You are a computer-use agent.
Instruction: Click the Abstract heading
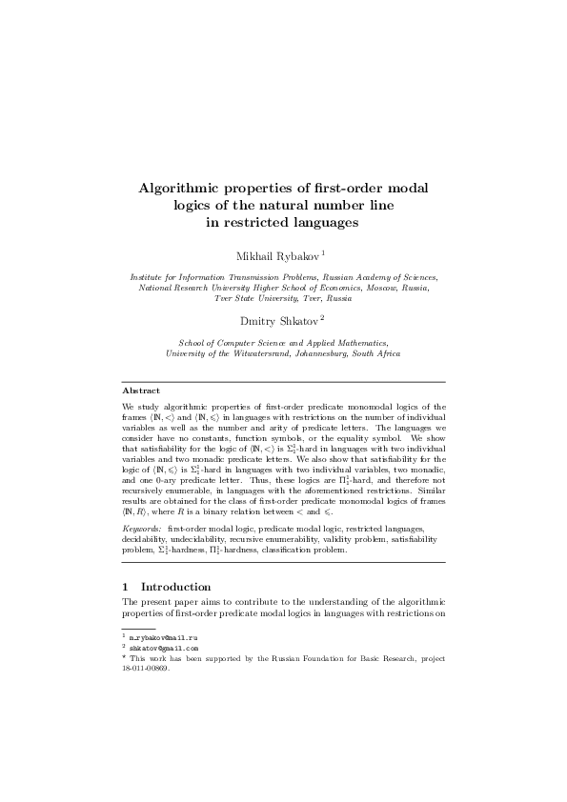pyautogui.click(x=140, y=390)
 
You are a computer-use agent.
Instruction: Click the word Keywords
pyautogui.click(x=143, y=527)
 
